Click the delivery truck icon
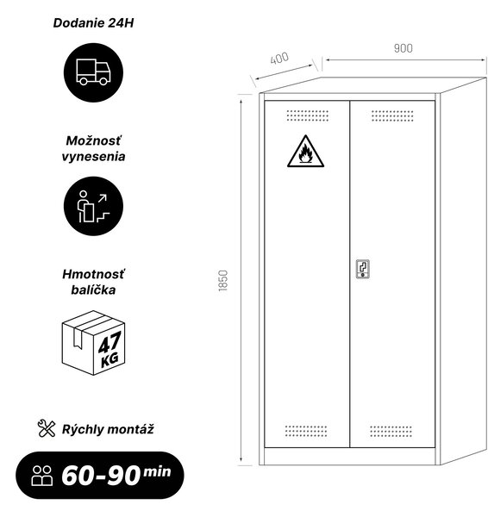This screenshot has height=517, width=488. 93,72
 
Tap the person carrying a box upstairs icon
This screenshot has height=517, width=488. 93,206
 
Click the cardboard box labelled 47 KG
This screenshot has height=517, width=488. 93,343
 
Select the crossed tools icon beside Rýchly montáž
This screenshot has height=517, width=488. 47,428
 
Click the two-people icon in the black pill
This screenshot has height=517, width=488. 42,476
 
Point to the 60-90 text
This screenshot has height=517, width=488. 101,476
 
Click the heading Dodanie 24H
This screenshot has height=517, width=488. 93,23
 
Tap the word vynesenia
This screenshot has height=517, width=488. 93,157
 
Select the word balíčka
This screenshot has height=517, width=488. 93,290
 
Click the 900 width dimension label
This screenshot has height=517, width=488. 404,48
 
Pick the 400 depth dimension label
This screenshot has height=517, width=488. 279,58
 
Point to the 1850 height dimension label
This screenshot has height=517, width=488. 223,281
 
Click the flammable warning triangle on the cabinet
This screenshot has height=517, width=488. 305,152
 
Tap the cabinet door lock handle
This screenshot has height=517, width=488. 363,269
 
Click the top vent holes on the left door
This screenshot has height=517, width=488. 308,115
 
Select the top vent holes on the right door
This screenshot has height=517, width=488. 392,115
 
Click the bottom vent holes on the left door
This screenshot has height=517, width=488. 306,431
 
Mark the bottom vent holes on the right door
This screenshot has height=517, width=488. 391,431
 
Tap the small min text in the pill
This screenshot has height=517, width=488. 157,472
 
